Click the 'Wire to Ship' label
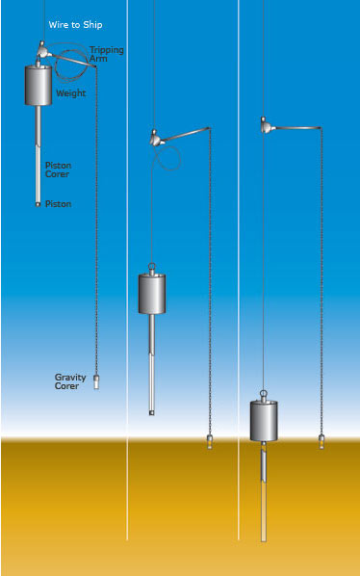[76, 24]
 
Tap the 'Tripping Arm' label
[106, 53]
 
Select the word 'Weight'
[70, 93]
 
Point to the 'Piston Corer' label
[58, 170]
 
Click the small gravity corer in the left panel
[95, 380]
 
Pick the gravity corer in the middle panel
[210, 443]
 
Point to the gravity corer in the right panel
[321, 442]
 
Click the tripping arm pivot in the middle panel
[154, 139]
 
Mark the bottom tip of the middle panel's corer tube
[152, 411]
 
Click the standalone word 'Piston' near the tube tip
[58, 204]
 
